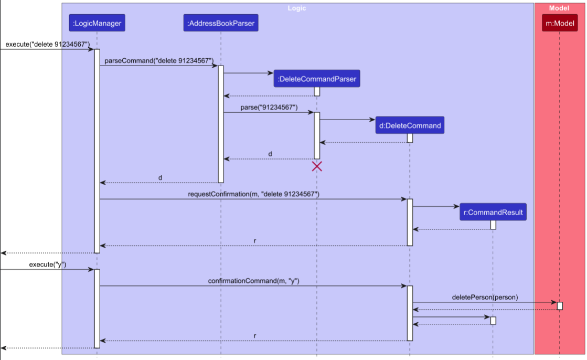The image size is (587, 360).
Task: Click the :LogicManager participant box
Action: [x=97, y=23]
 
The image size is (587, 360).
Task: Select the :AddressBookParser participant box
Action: [x=221, y=23]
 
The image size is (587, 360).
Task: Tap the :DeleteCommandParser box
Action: [x=317, y=79]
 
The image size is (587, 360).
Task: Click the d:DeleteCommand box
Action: [x=410, y=125]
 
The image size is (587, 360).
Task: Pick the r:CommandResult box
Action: [x=493, y=213]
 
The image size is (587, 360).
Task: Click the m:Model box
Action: [x=559, y=23]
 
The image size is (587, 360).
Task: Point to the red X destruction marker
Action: [x=317, y=166]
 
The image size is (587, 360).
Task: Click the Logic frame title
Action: [x=297, y=8]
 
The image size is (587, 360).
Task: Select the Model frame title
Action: [x=559, y=8]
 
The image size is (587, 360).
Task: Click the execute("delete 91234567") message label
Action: [x=48, y=44]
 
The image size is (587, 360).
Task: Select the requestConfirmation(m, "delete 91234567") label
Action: [x=253, y=194]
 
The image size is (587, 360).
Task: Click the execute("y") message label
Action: [x=48, y=264]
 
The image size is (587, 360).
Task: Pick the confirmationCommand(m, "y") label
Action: [x=253, y=281]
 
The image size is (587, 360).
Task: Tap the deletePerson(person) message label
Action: [x=485, y=297]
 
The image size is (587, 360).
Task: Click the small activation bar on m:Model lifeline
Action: [x=560, y=306]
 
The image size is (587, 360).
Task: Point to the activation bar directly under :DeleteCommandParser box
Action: [x=317, y=91]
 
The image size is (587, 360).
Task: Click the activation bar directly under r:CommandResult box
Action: [x=493, y=225]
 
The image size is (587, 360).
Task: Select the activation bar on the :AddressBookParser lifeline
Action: [x=221, y=124]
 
